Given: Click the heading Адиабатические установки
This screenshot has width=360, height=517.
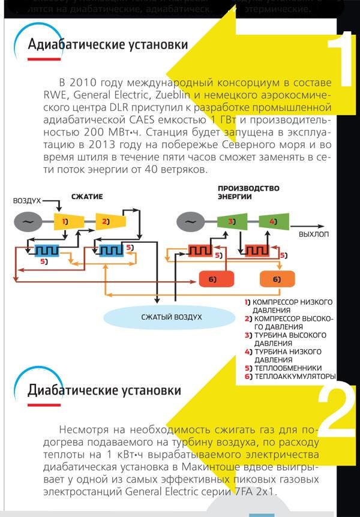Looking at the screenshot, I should coord(108,45).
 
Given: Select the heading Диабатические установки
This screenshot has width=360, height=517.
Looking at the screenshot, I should coord(104,391).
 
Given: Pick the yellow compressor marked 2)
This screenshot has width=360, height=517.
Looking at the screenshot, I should coord(106,222).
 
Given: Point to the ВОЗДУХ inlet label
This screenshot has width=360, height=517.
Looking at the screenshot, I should coord(27,201).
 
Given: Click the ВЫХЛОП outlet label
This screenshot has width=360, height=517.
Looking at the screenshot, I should coord(314,235).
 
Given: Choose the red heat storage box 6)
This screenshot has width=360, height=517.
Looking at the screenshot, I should coord(216,279).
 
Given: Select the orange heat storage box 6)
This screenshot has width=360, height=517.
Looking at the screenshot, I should coord(277,279).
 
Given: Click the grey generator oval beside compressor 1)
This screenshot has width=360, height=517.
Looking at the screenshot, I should coord(28,222).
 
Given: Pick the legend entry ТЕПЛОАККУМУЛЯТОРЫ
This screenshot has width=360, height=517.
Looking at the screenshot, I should coord(294,377).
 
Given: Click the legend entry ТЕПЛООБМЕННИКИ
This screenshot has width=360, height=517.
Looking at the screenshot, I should coord(288,368).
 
